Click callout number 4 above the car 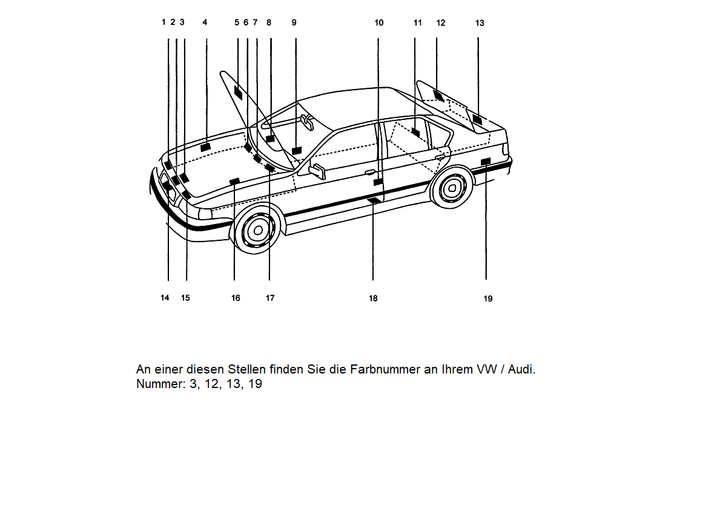pyautogui.click(x=205, y=22)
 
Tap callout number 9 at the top pyautogui.click(x=294, y=22)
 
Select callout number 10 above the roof pyautogui.click(x=379, y=23)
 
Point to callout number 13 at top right pyautogui.click(x=480, y=23)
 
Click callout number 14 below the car pyautogui.click(x=165, y=298)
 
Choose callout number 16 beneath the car pyautogui.click(x=236, y=298)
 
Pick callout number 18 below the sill pyautogui.click(x=373, y=298)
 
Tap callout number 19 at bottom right pyautogui.click(x=488, y=298)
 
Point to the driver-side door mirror pyautogui.click(x=317, y=169)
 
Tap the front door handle pyautogui.click(x=369, y=173)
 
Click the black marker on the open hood pyautogui.click(x=238, y=94)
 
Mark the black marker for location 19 pyautogui.click(x=485, y=160)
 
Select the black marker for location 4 pyautogui.click(x=205, y=147)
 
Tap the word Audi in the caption pyautogui.click(x=521, y=369)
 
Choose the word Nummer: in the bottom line pyautogui.click(x=157, y=384)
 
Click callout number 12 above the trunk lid pyautogui.click(x=441, y=23)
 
